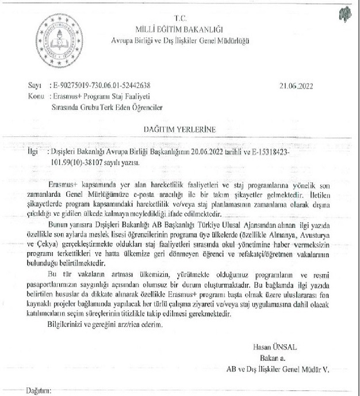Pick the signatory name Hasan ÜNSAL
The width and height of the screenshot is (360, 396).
coord(279,346)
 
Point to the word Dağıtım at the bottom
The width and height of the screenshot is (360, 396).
coord(39,391)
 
